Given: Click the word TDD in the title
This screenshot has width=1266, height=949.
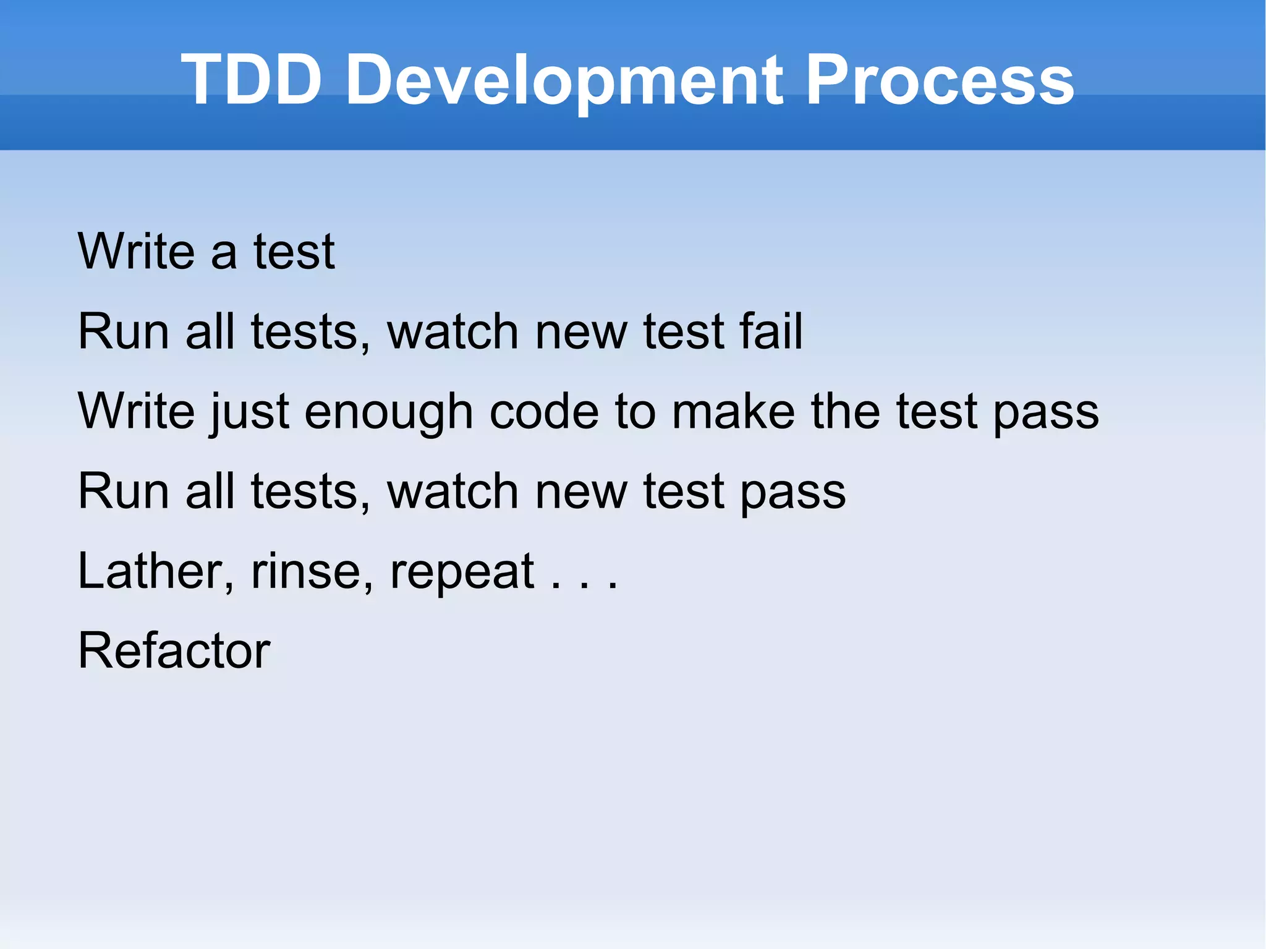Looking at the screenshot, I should coord(251,80).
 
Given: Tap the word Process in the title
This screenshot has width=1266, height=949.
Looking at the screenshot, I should coord(940,80).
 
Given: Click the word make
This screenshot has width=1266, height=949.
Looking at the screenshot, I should coord(733,412).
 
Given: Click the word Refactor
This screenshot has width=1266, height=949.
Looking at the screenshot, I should coord(174,650).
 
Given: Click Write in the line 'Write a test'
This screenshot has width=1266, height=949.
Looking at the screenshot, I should coord(136,251).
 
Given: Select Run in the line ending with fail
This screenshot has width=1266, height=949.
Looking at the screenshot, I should coord(124,332).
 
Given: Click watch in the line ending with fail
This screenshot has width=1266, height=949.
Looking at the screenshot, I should coord(452,332).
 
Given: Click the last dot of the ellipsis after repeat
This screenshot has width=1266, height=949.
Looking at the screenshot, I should coord(613,585).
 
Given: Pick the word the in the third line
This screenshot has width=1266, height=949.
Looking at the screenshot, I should coord(845,412).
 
